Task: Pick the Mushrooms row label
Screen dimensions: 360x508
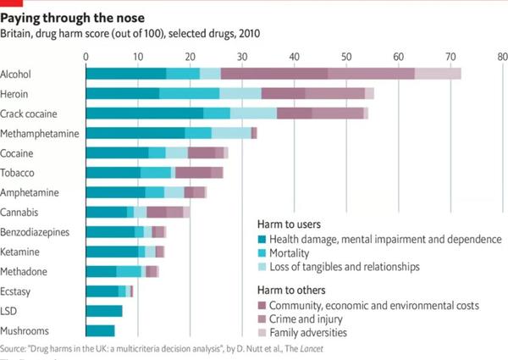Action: click(25, 331)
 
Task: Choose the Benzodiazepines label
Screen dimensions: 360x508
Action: click(35, 232)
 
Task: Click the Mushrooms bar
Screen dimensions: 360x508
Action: click(100, 330)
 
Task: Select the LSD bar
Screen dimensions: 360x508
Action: click(104, 311)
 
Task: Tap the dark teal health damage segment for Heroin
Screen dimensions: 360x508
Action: click(122, 93)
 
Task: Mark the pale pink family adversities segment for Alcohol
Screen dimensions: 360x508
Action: click(438, 74)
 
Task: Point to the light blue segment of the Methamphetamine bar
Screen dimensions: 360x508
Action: click(230, 133)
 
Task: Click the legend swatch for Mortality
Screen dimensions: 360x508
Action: click(262, 253)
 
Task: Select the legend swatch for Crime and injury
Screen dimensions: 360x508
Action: click(262, 319)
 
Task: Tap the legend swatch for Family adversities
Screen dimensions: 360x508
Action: click(262, 333)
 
